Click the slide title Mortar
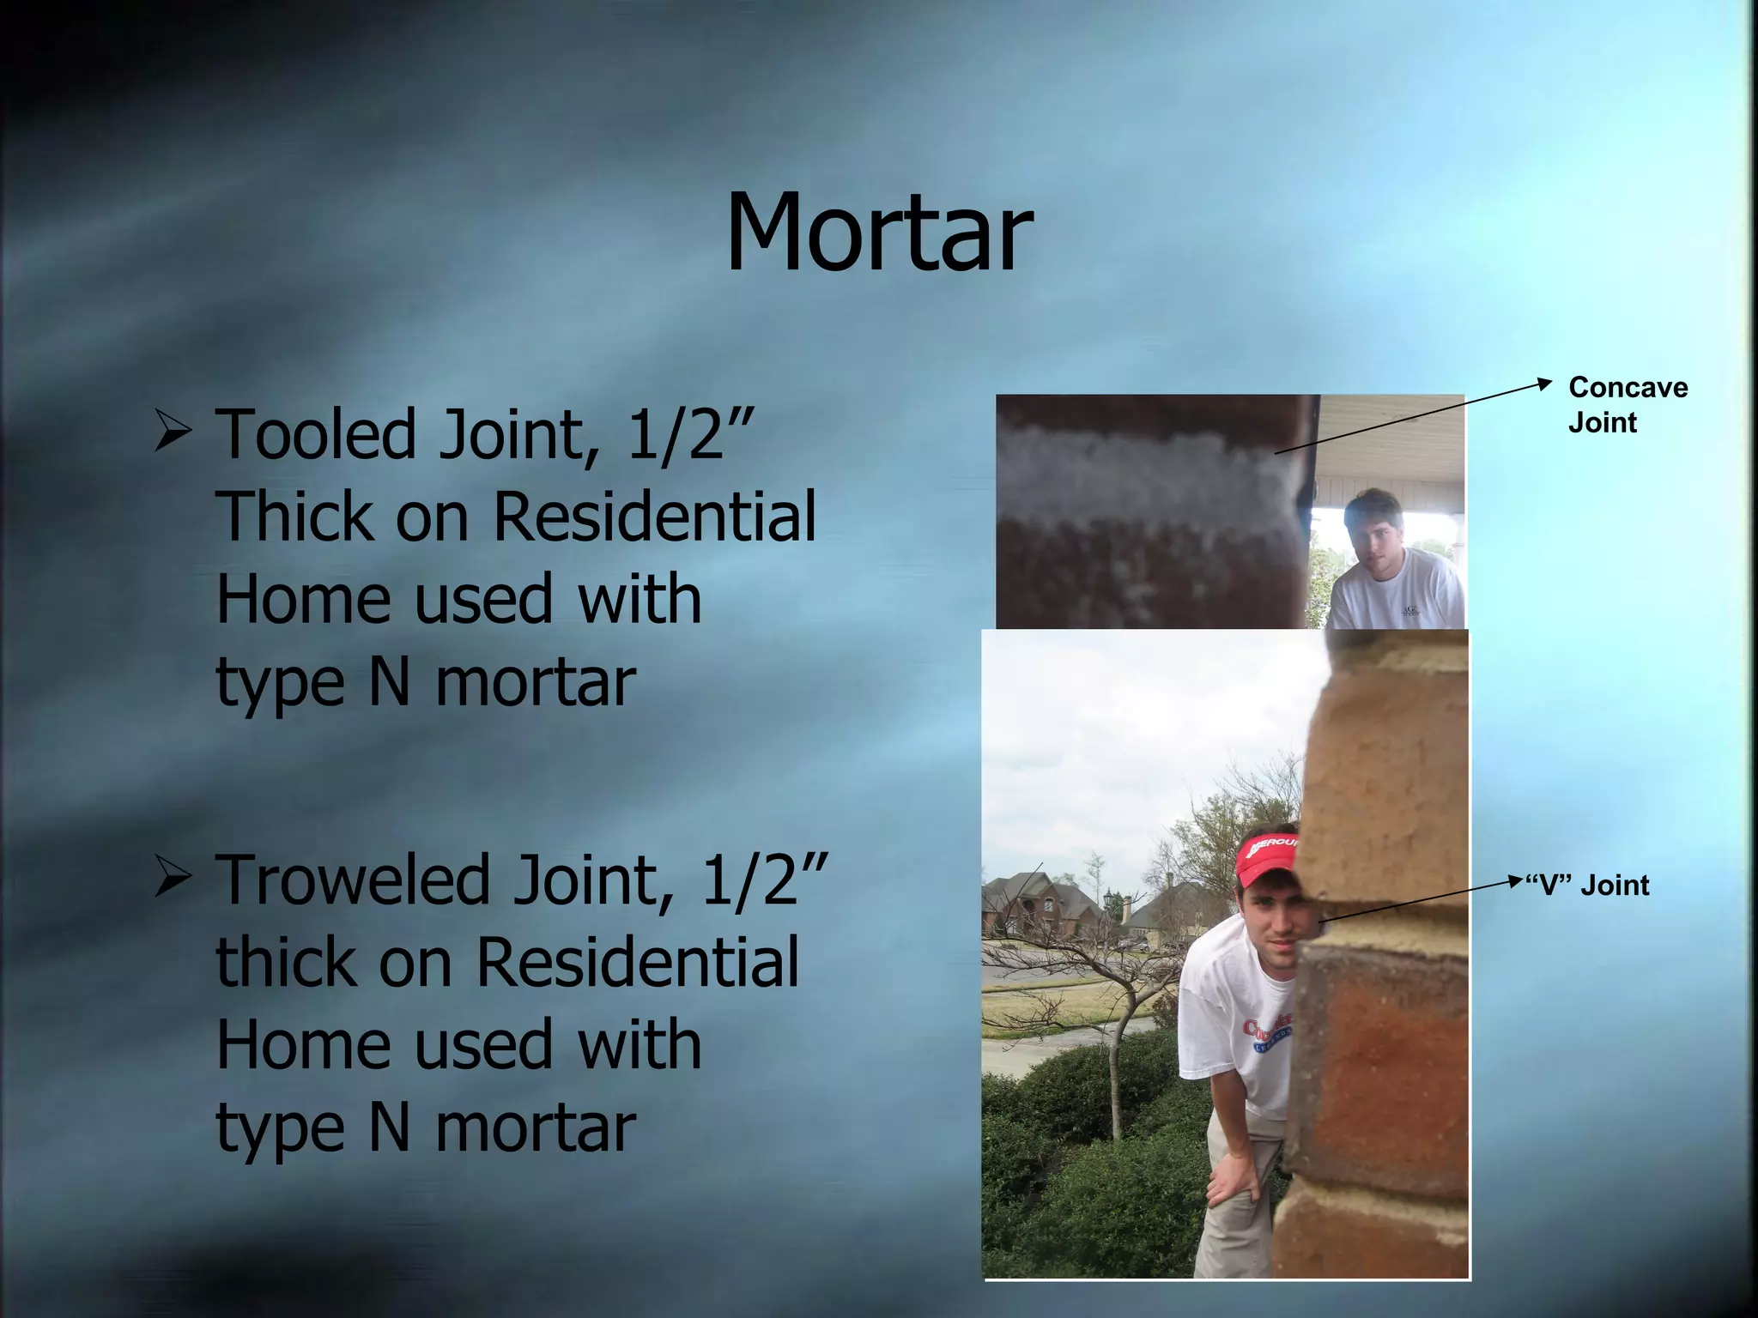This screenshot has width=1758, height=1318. [879, 232]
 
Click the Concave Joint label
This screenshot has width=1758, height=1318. [1627, 404]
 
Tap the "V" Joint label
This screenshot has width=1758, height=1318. [1587, 885]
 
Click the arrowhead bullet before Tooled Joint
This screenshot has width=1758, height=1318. [173, 431]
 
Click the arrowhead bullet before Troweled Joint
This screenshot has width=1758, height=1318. [173, 877]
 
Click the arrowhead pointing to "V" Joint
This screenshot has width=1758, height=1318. [1515, 881]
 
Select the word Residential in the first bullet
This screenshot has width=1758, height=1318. [654, 517]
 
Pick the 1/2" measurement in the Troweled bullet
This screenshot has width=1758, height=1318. [764, 880]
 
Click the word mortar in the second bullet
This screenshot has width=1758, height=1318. [536, 1128]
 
